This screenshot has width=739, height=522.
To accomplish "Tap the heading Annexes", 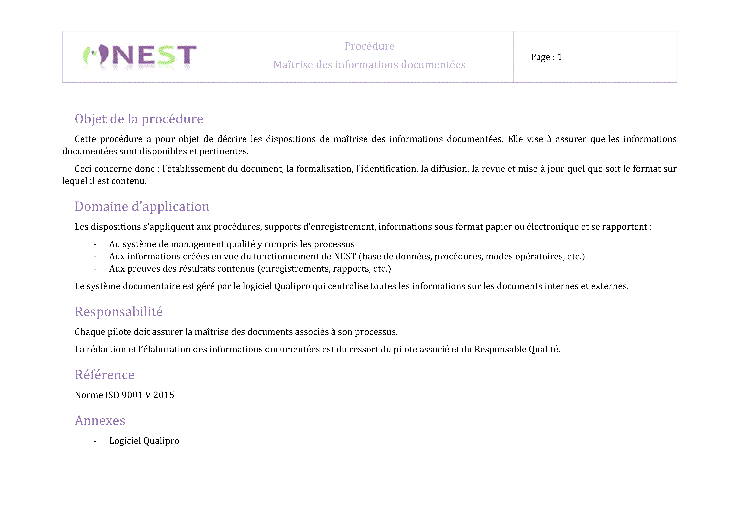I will pos(100,421).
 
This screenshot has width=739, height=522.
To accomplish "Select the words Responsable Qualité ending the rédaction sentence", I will pos(517,349).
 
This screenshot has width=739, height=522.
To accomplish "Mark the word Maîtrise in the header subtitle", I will pos(293,65).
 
